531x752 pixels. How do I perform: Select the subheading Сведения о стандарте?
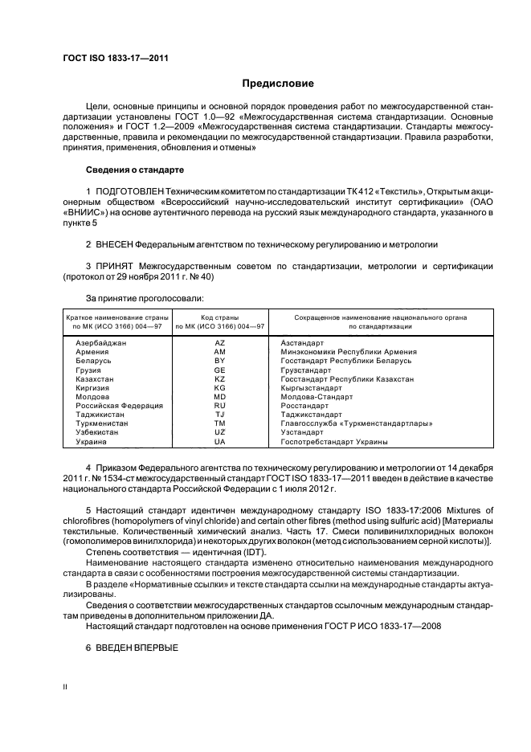[x=134, y=170]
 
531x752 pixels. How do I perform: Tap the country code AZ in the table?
[x=219, y=342]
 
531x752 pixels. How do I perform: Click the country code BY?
[x=219, y=361]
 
